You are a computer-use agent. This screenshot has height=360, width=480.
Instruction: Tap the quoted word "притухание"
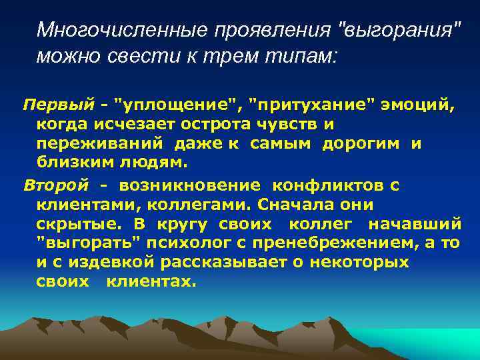click(x=311, y=105)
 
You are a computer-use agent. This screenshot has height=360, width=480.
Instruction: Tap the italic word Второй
click(x=55, y=184)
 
